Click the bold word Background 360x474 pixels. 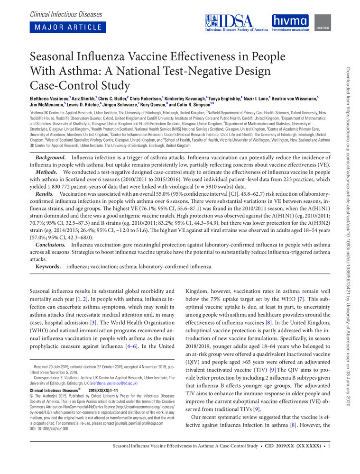click(x=51, y=156)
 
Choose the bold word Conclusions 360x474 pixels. click(x=52, y=244)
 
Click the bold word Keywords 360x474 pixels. click(x=48, y=267)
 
